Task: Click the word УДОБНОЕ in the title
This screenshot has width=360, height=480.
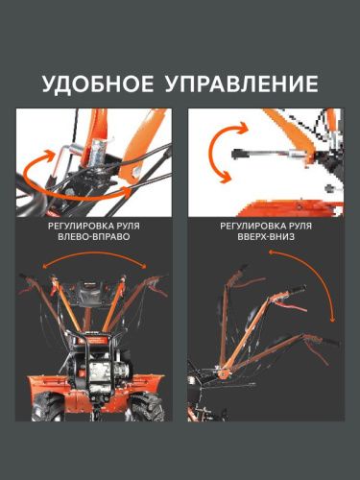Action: (99, 84)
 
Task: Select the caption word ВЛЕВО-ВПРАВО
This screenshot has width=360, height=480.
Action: (93, 244)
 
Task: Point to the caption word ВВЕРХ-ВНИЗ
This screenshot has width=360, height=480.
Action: (264, 244)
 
